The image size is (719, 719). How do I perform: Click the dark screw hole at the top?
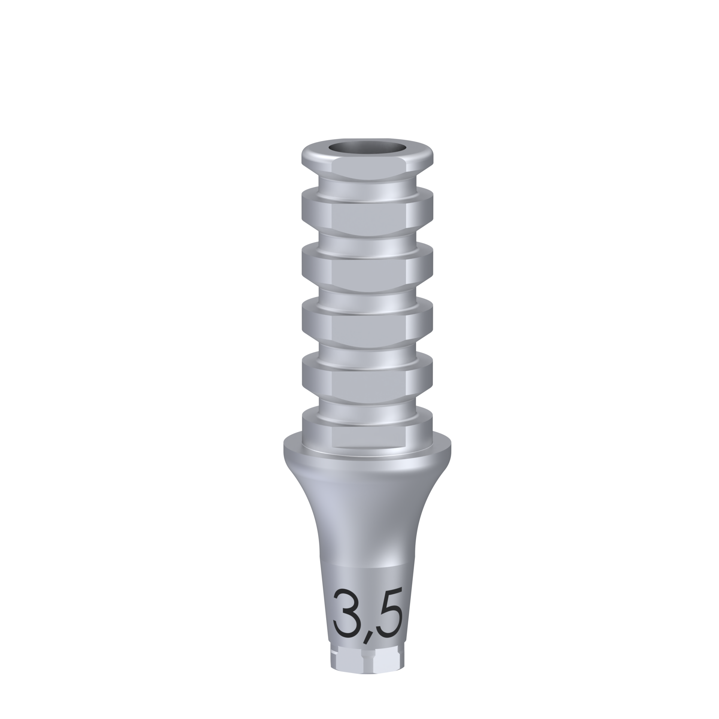367,147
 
